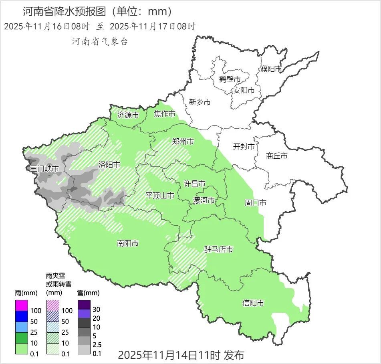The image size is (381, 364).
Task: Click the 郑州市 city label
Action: pyautogui.click(x=183, y=142)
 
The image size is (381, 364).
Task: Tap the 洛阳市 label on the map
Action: pyautogui.click(x=109, y=164)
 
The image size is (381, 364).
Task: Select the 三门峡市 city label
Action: pyautogui.click(x=44, y=169)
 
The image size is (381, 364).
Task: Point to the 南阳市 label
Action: pyautogui.click(x=128, y=243)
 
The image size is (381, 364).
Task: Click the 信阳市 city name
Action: pyautogui.click(x=253, y=303)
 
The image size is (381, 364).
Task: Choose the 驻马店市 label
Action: pyautogui.click(x=219, y=249)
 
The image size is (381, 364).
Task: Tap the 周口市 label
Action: pyautogui.click(x=255, y=203)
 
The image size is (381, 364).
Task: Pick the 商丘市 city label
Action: pyautogui.click(x=276, y=156)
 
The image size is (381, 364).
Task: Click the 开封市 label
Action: pyautogui.click(x=244, y=147)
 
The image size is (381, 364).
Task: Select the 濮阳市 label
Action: pyautogui.click(x=271, y=69)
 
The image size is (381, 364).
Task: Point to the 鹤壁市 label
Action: pyautogui.click(x=230, y=79)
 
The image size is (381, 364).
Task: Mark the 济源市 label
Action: pyautogui.click(x=128, y=115)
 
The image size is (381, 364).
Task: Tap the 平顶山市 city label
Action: pyautogui.click(x=159, y=196)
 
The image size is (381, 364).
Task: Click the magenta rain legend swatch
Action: pyautogui.click(x=22, y=305)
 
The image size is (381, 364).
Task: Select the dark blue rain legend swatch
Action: pyautogui.click(x=22, y=316)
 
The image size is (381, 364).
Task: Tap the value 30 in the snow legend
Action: pyautogui.click(x=97, y=309)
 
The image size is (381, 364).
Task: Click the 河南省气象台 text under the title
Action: pyautogui.click(x=100, y=42)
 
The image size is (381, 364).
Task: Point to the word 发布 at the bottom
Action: pyautogui.click(x=234, y=355)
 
